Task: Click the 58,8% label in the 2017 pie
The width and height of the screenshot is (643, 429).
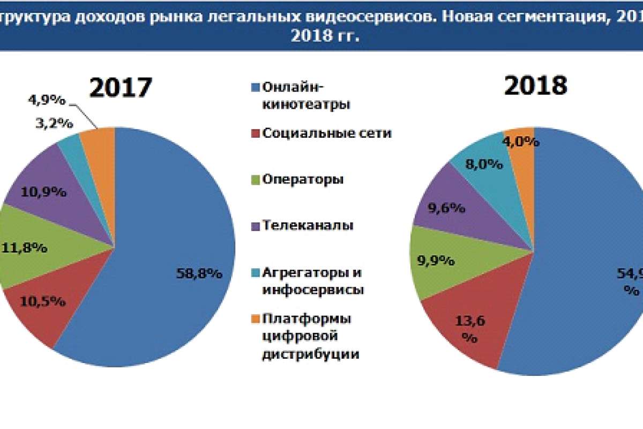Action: pyautogui.click(x=199, y=273)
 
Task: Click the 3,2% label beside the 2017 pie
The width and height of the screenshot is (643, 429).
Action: pyautogui.click(x=54, y=123)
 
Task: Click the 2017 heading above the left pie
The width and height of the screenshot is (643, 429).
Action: pyautogui.click(x=121, y=87)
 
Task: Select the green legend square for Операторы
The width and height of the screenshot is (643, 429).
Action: pyautogui.click(x=255, y=179)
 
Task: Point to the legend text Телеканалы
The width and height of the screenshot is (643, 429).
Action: pyautogui.click(x=308, y=225)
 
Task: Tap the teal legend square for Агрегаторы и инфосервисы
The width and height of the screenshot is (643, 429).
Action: pyautogui.click(x=255, y=272)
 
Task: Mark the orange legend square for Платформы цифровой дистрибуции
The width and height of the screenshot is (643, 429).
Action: pyautogui.click(x=255, y=319)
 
